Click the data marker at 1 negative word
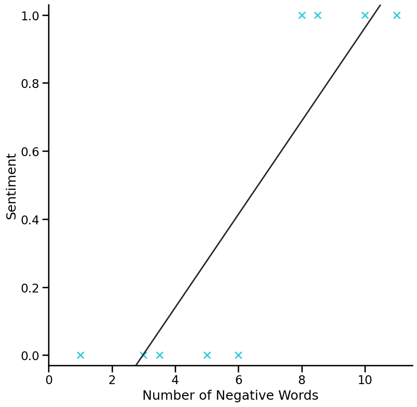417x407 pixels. [80, 355]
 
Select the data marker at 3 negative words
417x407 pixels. [143, 355]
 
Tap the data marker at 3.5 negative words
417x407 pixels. [160, 355]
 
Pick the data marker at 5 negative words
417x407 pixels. [207, 355]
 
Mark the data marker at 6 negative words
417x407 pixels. [238, 355]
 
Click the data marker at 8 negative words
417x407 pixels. [302, 15]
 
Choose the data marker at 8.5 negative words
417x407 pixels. [317, 15]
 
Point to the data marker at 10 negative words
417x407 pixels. [365, 15]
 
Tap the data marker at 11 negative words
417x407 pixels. [397, 15]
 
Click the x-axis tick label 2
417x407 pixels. [112, 380]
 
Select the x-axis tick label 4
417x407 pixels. [175, 380]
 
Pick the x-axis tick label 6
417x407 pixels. [238, 380]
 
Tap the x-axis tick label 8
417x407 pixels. [302, 380]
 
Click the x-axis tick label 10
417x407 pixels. [365, 380]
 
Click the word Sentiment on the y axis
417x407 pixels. [11, 186]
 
